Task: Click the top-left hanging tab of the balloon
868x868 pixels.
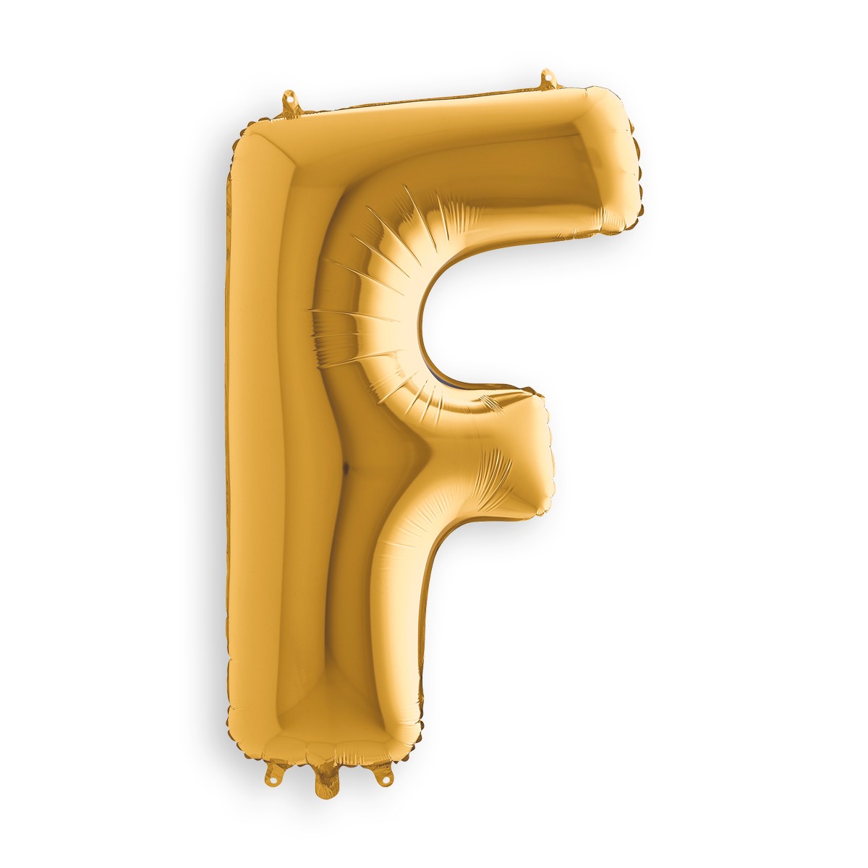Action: (292, 102)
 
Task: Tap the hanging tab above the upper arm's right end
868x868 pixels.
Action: (548, 80)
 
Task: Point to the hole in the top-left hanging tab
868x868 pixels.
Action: (291, 95)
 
